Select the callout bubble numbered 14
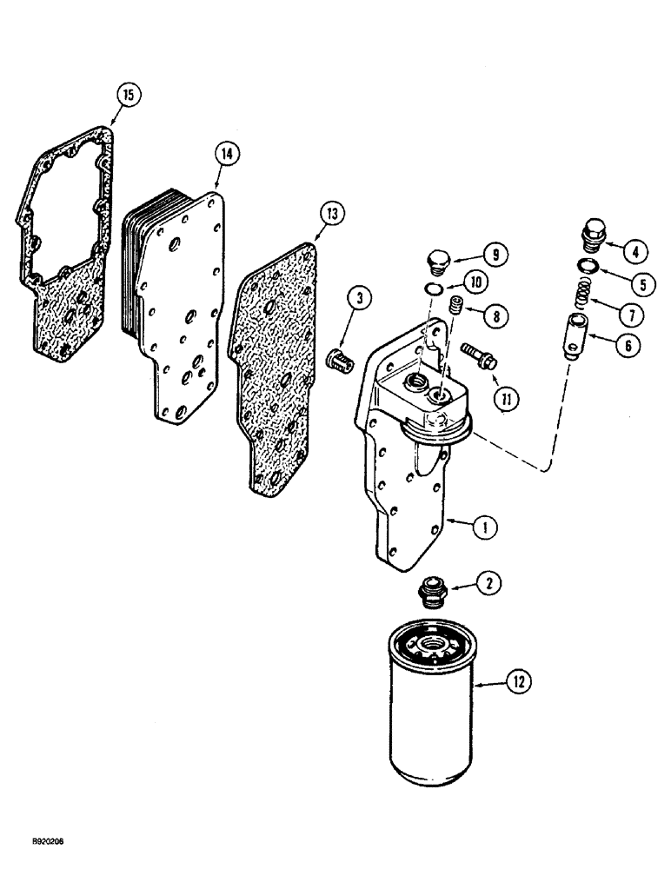pyautogui.click(x=228, y=154)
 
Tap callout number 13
pyautogui.click(x=335, y=212)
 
